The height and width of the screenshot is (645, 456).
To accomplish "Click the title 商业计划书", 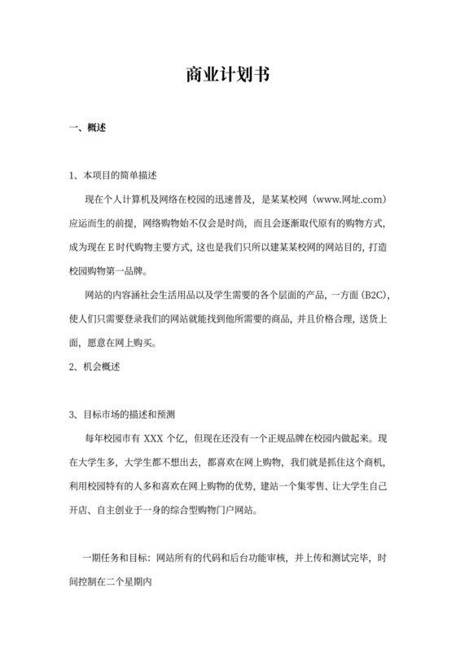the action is [227, 75].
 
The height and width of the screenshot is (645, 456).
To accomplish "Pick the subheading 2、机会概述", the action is [94, 366].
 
